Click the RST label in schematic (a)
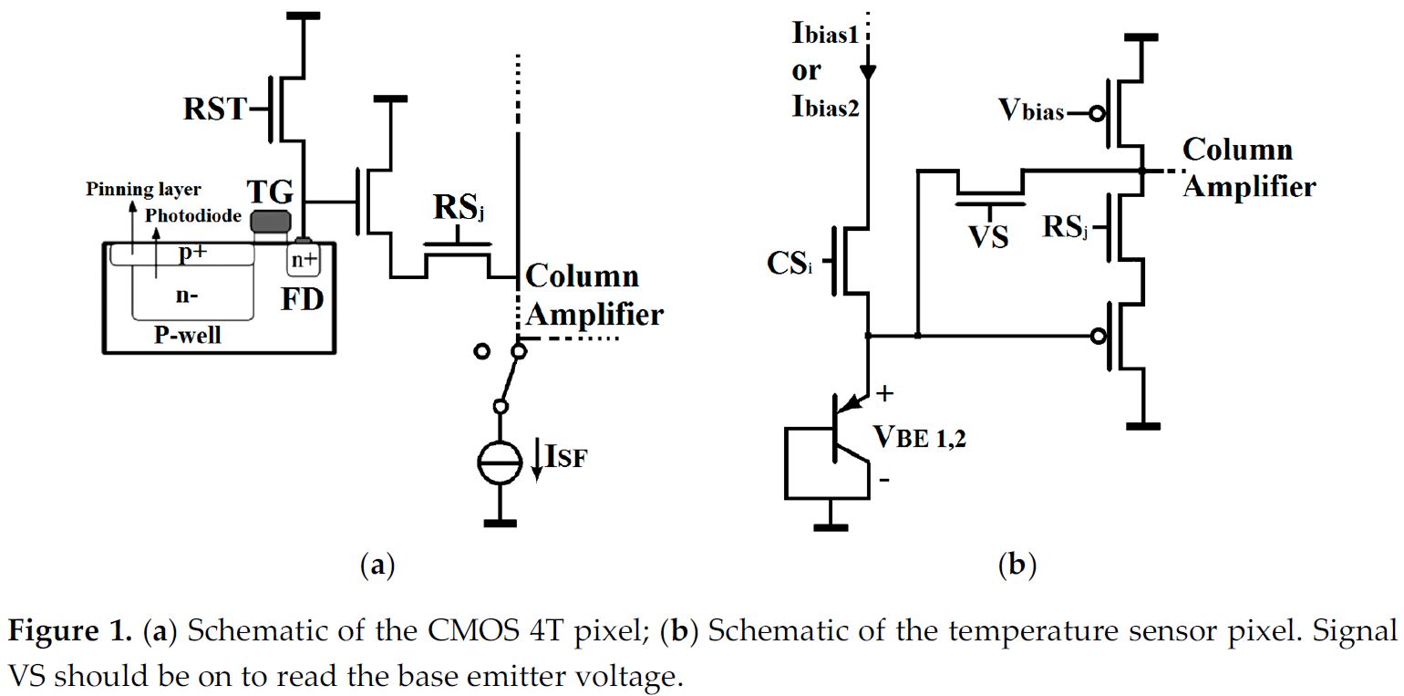click(215, 110)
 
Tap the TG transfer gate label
click(270, 192)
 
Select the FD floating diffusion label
click(302, 298)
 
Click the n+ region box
click(304, 262)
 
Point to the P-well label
click(189, 335)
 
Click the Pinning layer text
click(143, 190)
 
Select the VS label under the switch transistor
click(988, 237)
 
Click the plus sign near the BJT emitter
click(883, 393)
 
